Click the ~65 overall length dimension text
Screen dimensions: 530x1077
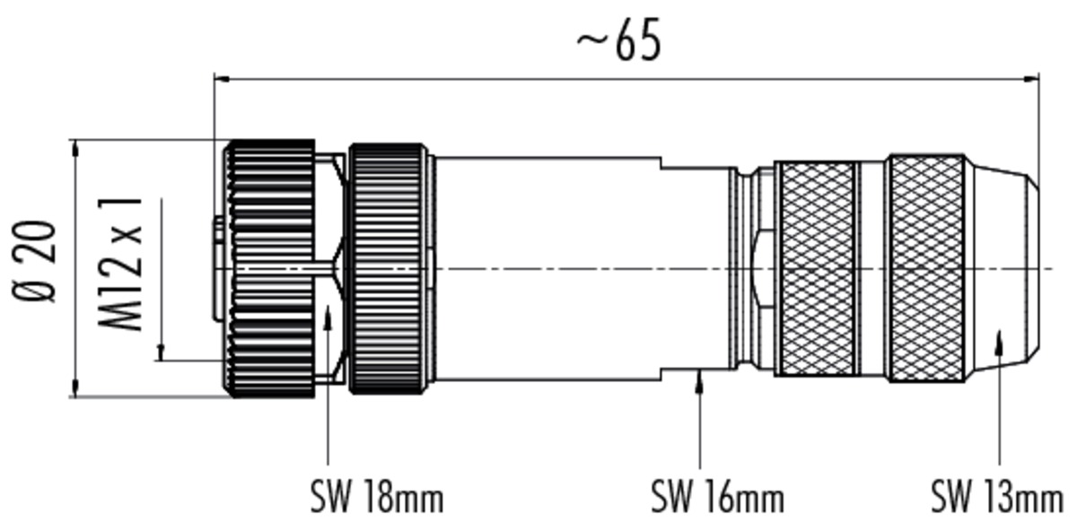click(619, 42)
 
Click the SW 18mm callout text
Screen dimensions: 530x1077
click(376, 496)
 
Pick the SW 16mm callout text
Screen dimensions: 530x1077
click(717, 496)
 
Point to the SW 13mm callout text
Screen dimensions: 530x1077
click(995, 496)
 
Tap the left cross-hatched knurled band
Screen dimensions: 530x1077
click(816, 268)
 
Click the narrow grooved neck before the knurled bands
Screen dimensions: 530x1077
click(741, 268)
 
